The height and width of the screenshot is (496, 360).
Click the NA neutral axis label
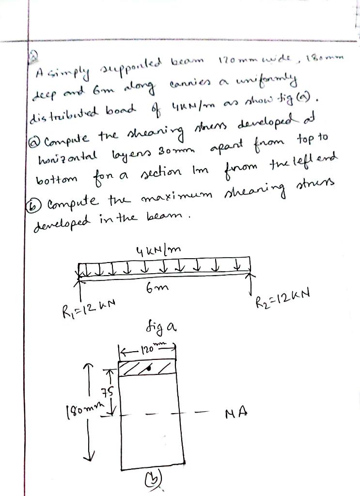(x=236, y=413)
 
